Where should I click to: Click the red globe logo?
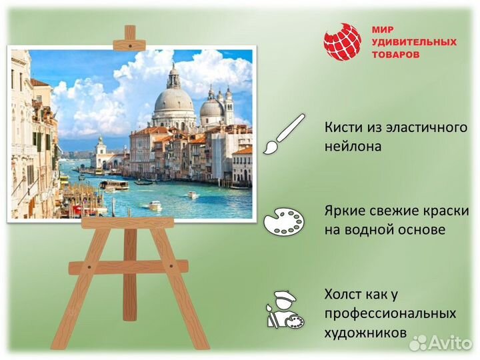tap(342, 42)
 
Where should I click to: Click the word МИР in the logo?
tap(383, 30)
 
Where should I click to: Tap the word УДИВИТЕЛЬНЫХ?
tap(413, 42)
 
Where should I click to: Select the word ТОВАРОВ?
tap(396, 55)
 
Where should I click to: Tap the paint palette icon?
tap(284, 221)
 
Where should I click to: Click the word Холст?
tap(345, 294)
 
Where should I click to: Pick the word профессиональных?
tap(390, 313)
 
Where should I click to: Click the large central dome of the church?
tap(173, 100)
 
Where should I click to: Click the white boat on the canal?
tap(155, 205)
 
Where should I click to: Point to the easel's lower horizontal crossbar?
tap(129, 267)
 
